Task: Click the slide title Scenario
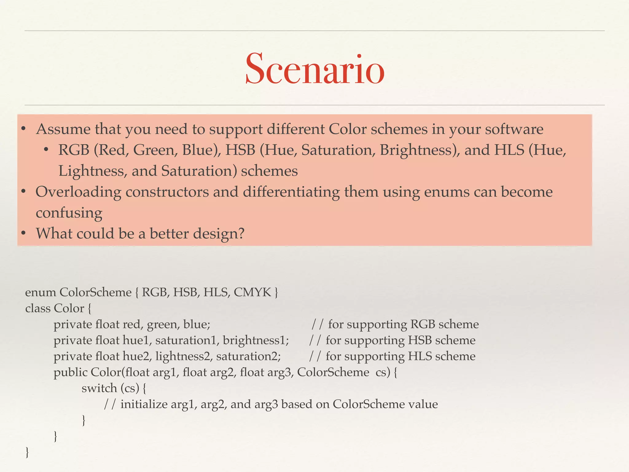click(x=314, y=69)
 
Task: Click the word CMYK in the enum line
click(x=252, y=292)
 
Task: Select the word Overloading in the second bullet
click(x=78, y=192)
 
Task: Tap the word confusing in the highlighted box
click(x=69, y=213)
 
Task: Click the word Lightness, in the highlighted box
click(x=92, y=171)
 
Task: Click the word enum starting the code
click(x=40, y=292)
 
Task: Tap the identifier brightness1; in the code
click(x=256, y=340)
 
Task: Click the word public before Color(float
click(x=70, y=372)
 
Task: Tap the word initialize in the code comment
click(x=144, y=404)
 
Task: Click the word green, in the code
click(x=163, y=324)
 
